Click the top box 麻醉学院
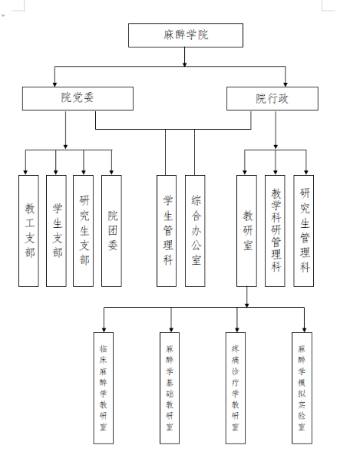point(186,35)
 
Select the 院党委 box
point(78,98)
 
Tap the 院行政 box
point(272,98)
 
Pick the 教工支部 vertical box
point(28,231)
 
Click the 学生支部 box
point(56,231)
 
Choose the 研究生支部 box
point(84,231)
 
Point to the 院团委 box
point(111,231)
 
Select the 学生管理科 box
point(167,231)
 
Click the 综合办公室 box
point(195,231)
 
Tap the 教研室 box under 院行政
point(246,231)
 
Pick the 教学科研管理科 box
point(275,231)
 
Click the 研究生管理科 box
point(304,231)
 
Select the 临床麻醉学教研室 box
point(104,388)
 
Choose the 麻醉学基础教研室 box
point(170,388)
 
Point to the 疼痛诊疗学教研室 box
point(236,388)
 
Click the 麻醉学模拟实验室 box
point(302,388)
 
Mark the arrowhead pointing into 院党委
point(54,84)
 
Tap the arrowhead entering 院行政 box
point(286,84)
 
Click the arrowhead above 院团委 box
point(111,173)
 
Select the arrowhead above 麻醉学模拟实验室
point(304,330)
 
